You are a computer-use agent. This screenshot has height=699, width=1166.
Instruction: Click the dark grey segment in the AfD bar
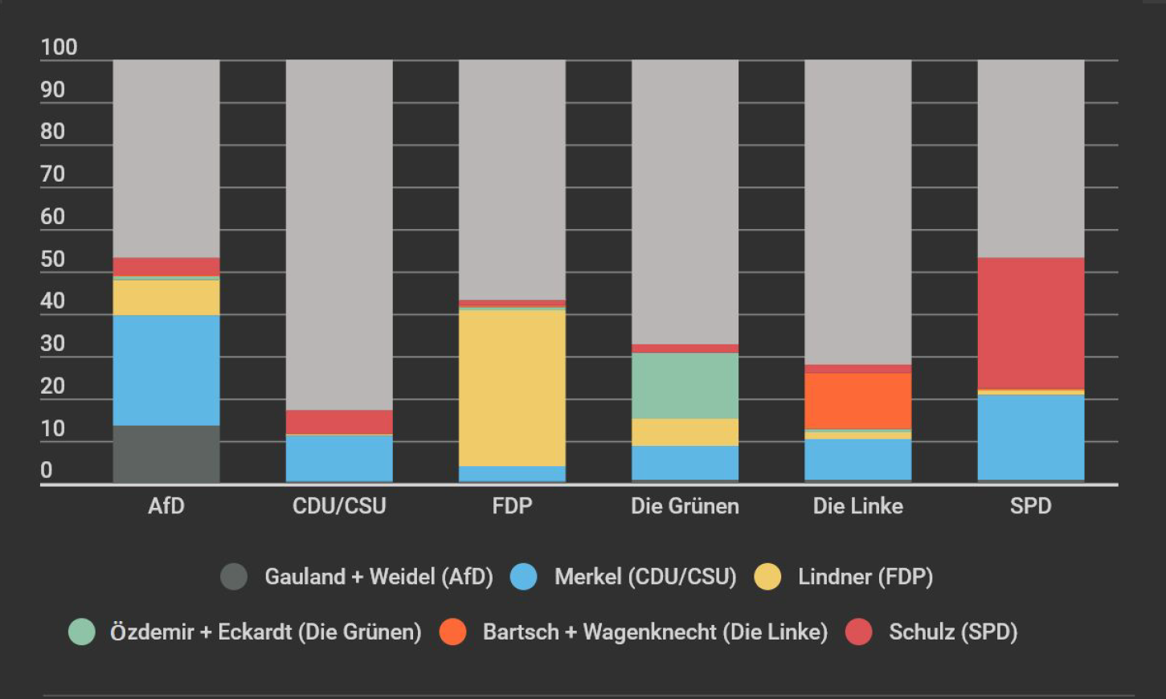(x=166, y=454)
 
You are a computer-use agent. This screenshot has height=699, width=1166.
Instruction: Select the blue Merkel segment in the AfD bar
(x=166, y=370)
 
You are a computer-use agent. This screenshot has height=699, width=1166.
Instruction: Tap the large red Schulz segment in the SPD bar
(x=1030, y=323)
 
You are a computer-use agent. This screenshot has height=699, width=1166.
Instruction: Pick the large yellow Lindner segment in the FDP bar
(x=512, y=387)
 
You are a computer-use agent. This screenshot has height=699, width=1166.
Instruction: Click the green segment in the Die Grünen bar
(x=685, y=386)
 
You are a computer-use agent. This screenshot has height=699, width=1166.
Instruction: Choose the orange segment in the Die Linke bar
(x=857, y=400)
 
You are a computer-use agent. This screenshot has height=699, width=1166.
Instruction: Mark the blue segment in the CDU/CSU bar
(x=339, y=458)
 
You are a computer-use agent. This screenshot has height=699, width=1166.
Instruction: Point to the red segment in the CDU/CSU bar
(x=339, y=422)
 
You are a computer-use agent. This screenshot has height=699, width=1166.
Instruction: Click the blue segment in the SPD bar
(x=1030, y=437)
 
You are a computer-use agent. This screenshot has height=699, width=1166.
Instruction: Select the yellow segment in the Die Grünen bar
(x=685, y=431)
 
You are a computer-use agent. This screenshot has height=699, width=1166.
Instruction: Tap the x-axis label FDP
(x=512, y=506)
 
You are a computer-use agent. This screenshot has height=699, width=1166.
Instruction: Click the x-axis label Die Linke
(x=857, y=506)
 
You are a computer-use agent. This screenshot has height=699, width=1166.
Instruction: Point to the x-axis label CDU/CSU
(x=339, y=506)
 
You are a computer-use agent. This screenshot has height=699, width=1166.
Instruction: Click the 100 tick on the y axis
(x=59, y=47)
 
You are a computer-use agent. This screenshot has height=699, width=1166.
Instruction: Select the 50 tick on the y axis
(x=52, y=259)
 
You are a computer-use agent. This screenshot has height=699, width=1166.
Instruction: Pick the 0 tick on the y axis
(x=47, y=470)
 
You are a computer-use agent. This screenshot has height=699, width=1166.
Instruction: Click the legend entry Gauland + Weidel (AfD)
(x=378, y=577)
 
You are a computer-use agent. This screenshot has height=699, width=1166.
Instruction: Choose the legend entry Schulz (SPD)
(x=952, y=632)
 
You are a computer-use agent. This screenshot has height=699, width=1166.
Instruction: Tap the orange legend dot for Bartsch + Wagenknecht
(x=453, y=632)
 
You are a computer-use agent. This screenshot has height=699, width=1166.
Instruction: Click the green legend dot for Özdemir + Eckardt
(x=81, y=632)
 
